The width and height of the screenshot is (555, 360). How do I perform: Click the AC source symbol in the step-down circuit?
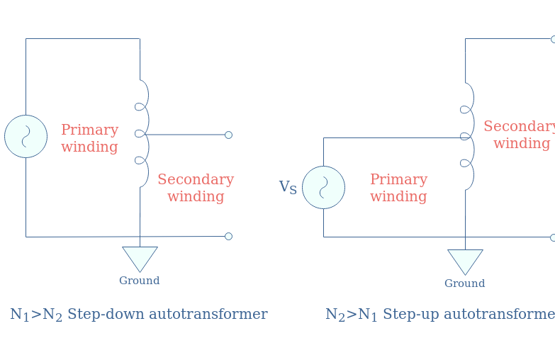point(26,136)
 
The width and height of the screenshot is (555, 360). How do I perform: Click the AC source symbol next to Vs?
point(323,187)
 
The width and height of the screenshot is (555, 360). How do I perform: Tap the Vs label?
point(288,187)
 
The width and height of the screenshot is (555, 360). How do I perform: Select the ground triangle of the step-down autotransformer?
point(140,257)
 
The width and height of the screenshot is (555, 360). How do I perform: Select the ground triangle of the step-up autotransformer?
point(465,259)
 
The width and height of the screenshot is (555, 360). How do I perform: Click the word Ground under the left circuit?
point(139,281)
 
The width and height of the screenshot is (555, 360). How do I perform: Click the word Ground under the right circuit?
point(464,283)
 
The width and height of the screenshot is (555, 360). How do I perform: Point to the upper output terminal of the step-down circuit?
point(228,135)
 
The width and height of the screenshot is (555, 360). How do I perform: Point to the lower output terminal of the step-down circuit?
point(228,236)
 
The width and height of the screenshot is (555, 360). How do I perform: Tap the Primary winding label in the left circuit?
point(89,138)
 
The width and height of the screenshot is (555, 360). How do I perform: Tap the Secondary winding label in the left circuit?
point(196,188)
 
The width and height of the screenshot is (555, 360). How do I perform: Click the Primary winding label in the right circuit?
point(398,188)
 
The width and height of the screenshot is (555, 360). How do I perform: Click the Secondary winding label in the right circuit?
point(520,135)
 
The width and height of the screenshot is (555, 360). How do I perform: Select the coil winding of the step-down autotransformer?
point(142,133)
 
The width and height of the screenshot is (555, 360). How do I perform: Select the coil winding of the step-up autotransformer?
point(467,136)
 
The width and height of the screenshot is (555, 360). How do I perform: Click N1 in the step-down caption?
point(20,315)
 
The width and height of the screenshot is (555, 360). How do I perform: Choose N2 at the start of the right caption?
point(335,315)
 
